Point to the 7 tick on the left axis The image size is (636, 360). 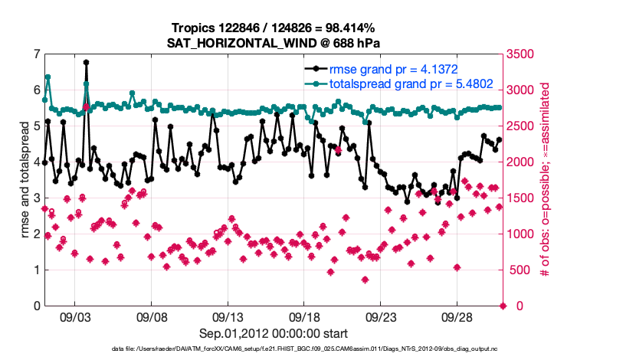pos(36,54)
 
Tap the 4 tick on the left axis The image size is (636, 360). pos(36,162)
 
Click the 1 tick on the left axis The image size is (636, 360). pos(36,270)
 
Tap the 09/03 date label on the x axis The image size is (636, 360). pos(75,316)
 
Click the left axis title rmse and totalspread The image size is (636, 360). pos(24,179)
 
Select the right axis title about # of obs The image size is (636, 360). pos(546,179)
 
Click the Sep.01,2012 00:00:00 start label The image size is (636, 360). pos(274,333)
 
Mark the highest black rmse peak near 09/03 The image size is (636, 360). pos(87,62)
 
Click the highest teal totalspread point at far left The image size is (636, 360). pos(48,77)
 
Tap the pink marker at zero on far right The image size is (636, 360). pos(503,306)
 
